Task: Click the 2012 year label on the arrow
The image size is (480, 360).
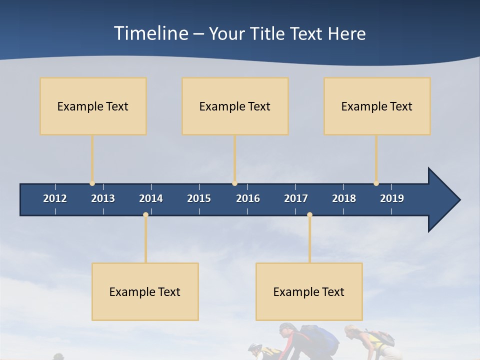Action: tap(55, 198)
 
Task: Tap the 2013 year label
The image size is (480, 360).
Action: tap(103, 198)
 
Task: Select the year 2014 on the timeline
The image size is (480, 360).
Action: tap(151, 198)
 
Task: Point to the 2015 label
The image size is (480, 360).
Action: tap(199, 198)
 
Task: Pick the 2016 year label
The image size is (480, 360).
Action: tap(248, 198)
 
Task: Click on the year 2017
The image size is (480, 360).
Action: tap(296, 198)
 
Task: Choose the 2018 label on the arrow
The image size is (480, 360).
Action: tap(344, 198)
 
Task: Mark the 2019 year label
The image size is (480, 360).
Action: tap(392, 198)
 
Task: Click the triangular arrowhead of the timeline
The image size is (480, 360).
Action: tap(443, 200)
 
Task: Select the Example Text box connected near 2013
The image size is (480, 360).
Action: tap(93, 106)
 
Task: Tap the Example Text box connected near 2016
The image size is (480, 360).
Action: tap(235, 106)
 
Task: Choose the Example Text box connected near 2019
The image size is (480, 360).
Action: tap(377, 106)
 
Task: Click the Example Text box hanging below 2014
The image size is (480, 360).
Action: tap(145, 291)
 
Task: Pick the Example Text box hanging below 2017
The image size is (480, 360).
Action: tap(309, 291)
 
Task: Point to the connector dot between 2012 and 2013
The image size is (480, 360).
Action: tap(92, 183)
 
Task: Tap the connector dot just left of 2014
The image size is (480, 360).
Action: tap(145, 214)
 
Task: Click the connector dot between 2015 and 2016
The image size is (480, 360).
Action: tap(234, 183)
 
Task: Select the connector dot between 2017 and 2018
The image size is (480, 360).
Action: tap(309, 214)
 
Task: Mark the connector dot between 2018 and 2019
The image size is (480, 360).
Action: tap(376, 183)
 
